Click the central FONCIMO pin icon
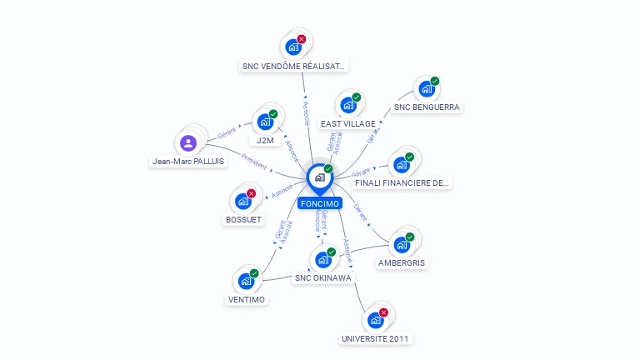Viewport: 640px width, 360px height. coord(318,177)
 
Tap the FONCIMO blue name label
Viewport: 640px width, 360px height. coord(319,202)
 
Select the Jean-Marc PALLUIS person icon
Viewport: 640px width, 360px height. coord(188,143)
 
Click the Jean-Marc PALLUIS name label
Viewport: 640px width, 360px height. coord(188,161)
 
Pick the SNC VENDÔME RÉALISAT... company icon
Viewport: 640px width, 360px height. coord(292,47)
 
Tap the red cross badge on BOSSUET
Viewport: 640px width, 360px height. coord(251,193)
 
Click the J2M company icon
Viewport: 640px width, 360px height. coord(265,122)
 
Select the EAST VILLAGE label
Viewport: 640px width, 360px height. coord(347,123)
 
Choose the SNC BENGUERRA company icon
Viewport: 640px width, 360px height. coord(427,89)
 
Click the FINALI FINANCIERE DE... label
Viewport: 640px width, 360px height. coord(402,182)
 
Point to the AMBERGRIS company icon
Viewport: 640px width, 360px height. coord(402,245)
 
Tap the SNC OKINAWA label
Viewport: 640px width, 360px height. coord(322,277)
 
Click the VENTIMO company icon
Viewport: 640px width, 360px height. coord(246,281)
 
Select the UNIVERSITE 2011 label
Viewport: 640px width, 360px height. coord(376,338)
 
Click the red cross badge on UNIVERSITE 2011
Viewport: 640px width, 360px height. coord(383,312)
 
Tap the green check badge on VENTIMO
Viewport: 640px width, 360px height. coord(254,273)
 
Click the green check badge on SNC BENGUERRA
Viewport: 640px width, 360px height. coord(434,82)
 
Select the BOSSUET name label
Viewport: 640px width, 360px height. coord(243,219)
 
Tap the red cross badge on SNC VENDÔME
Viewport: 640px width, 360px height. coord(301,39)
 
